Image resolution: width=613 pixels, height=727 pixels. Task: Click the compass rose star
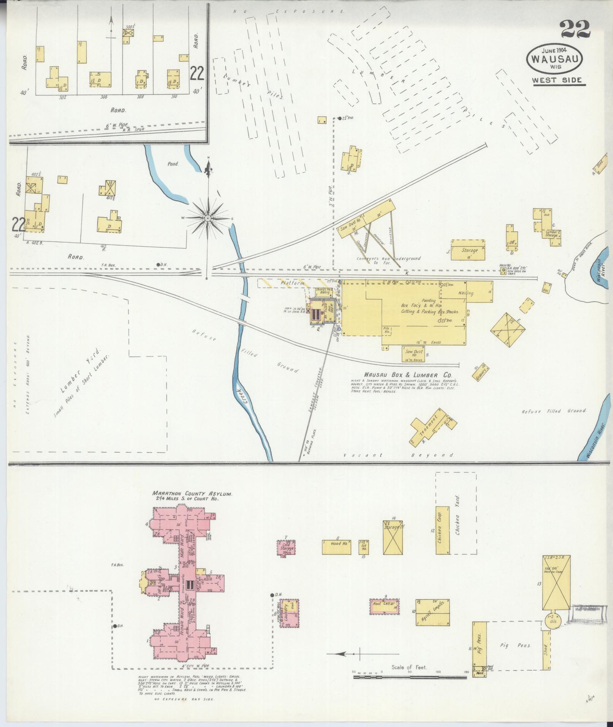click(x=208, y=219)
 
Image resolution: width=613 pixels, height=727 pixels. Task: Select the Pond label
click(x=173, y=164)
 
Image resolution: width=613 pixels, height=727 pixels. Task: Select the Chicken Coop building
click(x=441, y=529)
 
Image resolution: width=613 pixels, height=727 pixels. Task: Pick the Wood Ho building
click(x=336, y=547)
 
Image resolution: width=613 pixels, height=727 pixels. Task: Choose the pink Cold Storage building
click(x=287, y=549)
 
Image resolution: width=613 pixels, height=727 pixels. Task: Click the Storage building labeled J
click(x=468, y=250)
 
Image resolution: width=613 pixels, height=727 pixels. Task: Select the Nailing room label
click(x=466, y=293)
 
